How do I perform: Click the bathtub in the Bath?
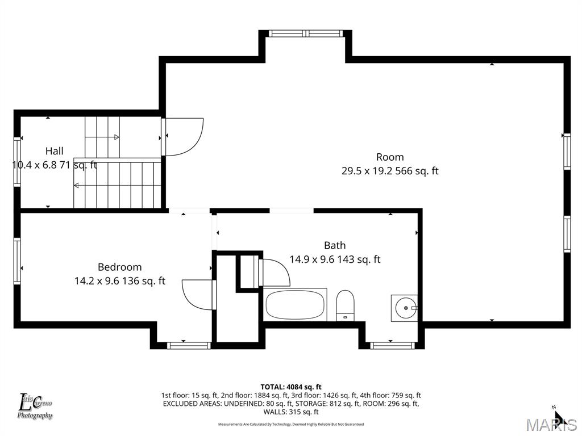coord(296,304)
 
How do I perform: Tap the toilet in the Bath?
coord(345,304)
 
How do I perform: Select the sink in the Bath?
coord(405,308)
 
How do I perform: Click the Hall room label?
coord(55,151)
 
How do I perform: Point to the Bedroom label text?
coord(119,267)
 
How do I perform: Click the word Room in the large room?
coord(390,157)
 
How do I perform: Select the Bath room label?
coord(335,245)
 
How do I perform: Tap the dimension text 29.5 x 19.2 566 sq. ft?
coord(390,171)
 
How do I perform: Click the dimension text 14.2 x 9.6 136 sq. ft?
coord(119,280)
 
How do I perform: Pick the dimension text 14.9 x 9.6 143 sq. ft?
coord(335,259)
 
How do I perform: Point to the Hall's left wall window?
coord(18,162)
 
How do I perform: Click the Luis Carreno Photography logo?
coord(35,406)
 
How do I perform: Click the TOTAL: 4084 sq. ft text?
coord(291,387)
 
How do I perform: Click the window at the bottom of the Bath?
coord(392,344)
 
